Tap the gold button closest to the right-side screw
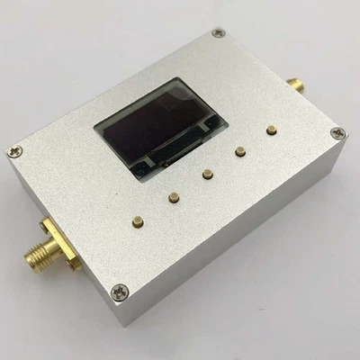(271, 130)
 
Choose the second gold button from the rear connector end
(240, 151)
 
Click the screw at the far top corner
(219, 33)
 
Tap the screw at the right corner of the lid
(337, 133)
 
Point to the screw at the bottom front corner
(122, 291)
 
